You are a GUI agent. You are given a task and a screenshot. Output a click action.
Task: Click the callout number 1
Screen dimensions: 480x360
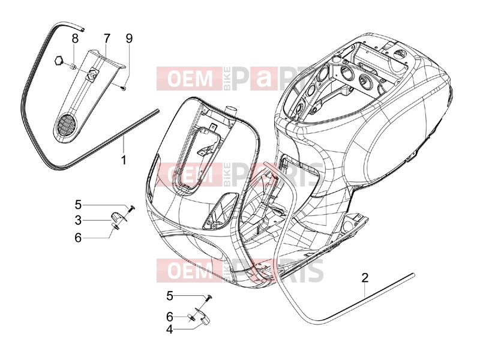124,160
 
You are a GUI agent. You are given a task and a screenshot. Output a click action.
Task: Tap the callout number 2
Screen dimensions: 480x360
365,278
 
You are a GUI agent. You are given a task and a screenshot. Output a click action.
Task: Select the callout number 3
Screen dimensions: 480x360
79,220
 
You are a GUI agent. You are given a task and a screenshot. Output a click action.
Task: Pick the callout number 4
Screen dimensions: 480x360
170,330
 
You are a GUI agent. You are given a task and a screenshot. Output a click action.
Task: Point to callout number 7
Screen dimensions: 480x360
107,38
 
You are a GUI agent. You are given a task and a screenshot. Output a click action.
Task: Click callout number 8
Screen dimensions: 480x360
75,38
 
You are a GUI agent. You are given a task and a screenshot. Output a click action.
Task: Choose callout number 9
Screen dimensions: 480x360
129,38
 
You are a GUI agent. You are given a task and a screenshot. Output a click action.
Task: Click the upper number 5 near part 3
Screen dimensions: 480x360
79,205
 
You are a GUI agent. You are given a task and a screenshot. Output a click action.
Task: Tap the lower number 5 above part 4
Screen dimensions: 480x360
170,296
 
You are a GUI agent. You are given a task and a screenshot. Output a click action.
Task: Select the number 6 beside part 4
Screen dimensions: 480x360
170,317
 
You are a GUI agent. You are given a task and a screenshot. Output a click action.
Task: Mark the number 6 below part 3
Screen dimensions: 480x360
79,238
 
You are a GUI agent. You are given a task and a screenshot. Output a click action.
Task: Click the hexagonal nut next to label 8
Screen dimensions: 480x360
58,61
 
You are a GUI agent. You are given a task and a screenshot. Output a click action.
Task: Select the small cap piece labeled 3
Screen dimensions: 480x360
116,217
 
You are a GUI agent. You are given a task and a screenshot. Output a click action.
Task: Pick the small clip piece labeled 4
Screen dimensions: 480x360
204,320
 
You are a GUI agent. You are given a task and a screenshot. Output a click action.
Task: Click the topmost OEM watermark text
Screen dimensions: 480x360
190,79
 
